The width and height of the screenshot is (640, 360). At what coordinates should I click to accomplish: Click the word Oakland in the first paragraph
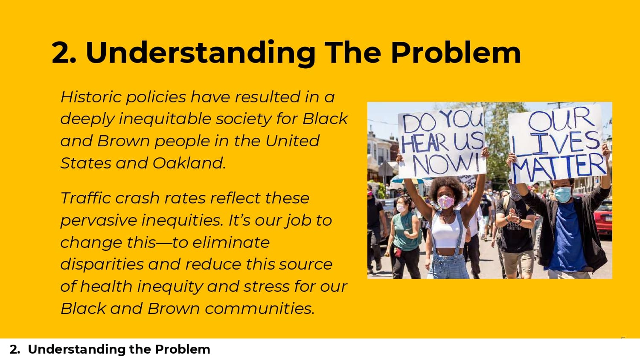click(x=189, y=163)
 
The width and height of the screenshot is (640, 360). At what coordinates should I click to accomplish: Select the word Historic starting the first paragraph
click(x=91, y=97)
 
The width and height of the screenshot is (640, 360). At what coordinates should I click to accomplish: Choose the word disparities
click(x=102, y=264)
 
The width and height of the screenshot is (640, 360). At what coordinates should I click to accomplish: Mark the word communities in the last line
click(x=260, y=308)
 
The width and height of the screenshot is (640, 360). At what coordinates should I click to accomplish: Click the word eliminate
click(x=231, y=242)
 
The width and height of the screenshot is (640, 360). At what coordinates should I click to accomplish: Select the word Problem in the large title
click(x=455, y=53)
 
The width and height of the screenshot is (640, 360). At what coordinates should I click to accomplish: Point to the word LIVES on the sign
click(x=556, y=143)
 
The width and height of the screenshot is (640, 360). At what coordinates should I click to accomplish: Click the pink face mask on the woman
click(x=446, y=202)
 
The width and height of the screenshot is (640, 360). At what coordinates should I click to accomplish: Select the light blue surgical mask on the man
click(x=562, y=194)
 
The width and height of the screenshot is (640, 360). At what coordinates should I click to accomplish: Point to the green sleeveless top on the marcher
click(x=406, y=232)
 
